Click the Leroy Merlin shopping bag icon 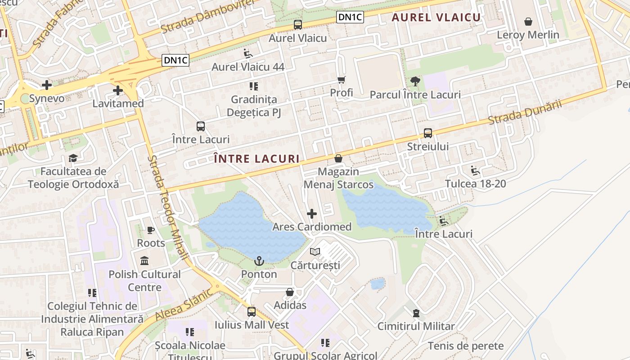(528, 22)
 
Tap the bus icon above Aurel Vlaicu (298, 25)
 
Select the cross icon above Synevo (46, 85)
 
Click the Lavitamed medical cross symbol (118, 90)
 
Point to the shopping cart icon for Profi (342, 80)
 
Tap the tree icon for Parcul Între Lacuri (415, 81)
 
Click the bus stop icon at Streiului (427, 133)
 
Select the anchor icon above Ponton (259, 261)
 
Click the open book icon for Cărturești (315, 252)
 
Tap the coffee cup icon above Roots (151, 230)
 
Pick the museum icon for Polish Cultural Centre (144, 261)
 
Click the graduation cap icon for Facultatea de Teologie (73, 158)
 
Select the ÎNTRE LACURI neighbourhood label (256, 159)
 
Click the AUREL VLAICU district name (436, 18)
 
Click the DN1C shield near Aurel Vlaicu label (350, 17)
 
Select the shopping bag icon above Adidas (290, 292)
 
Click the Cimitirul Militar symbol (416, 313)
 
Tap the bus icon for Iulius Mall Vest (252, 311)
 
